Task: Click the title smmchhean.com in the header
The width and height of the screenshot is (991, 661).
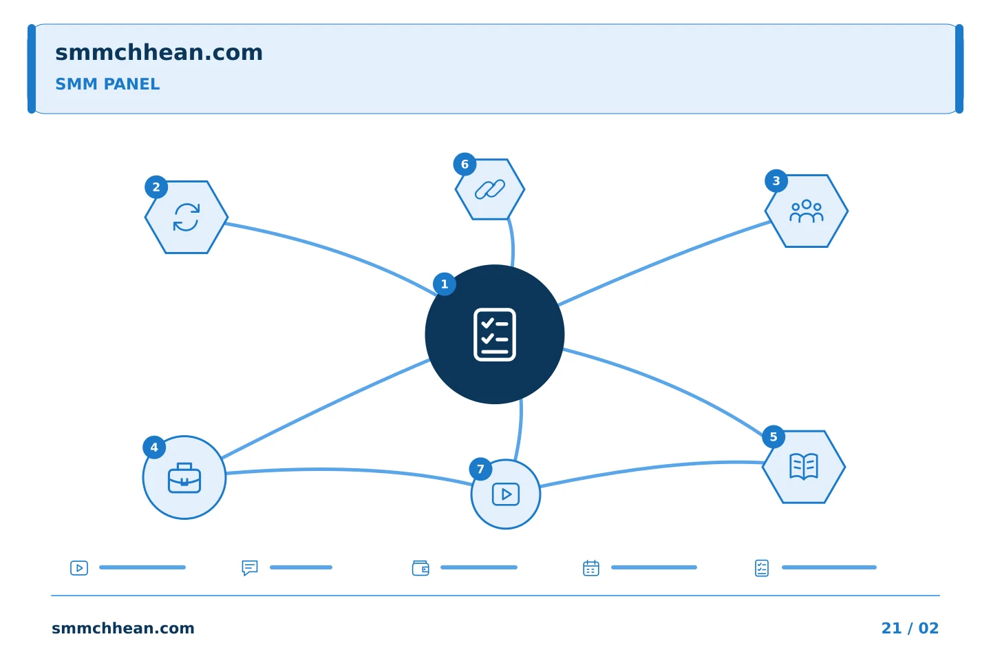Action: point(159,52)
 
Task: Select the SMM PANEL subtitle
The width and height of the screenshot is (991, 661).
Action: point(107,84)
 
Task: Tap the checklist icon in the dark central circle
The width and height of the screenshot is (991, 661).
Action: point(495,335)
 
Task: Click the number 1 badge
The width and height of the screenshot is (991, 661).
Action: point(445,284)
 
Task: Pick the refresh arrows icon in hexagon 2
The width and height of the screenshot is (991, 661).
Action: point(187,218)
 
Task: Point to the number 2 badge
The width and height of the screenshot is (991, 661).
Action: point(156,187)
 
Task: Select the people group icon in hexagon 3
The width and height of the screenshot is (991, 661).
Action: point(807,211)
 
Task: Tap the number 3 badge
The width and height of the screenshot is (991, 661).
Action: point(776,181)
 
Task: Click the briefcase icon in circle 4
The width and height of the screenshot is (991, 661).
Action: point(184,478)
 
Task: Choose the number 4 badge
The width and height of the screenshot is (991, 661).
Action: point(154,448)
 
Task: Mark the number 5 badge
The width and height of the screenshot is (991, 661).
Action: point(774,437)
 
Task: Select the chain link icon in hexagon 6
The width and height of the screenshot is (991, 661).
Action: point(490,189)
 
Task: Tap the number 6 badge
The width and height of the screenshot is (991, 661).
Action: point(465,165)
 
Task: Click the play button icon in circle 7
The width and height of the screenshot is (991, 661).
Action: point(506,494)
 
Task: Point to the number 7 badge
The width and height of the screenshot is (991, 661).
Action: point(480,469)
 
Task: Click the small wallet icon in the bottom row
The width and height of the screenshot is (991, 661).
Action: point(420,568)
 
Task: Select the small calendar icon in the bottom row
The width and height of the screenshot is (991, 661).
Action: point(591,568)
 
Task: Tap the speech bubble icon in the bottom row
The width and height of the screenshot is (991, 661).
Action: point(250,568)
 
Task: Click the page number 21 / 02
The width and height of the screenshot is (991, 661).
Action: point(910,628)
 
